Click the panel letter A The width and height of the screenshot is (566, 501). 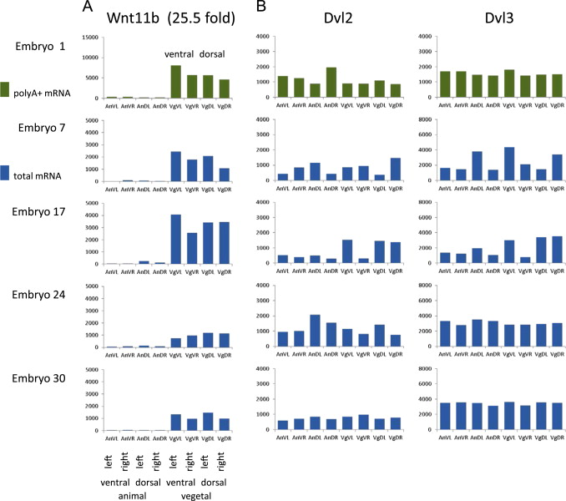tap(88, 8)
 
